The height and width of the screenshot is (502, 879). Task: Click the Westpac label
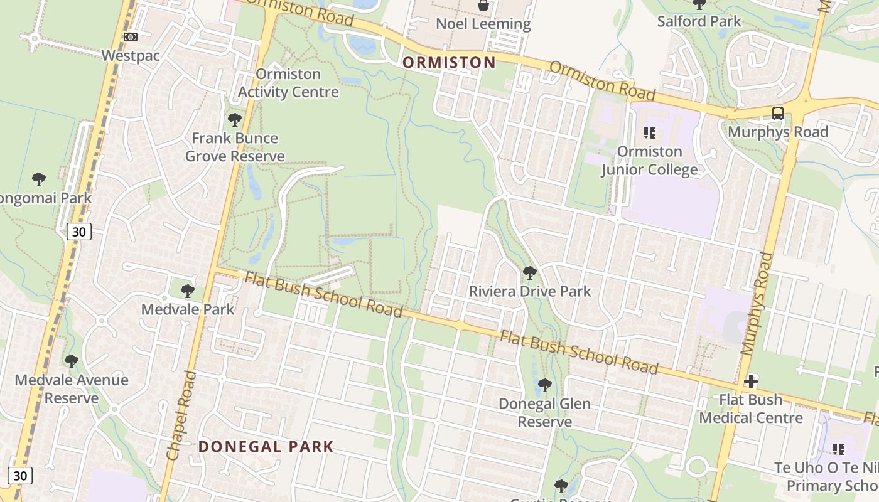point(131,55)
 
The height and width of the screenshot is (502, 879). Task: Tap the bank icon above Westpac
point(131,37)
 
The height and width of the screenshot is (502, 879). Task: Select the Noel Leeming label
point(483,24)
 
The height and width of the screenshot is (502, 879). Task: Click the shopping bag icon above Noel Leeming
point(483,6)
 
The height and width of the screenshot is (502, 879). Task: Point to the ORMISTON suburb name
point(449,62)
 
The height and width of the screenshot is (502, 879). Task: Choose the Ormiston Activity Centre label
point(288,83)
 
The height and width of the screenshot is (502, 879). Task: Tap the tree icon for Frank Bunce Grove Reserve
point(235,119)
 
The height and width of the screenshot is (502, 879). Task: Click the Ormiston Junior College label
point(649,161)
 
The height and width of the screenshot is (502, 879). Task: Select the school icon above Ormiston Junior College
point(649,133)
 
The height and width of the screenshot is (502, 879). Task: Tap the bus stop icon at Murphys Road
point(778,114)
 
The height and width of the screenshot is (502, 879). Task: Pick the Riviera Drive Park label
point(530,291)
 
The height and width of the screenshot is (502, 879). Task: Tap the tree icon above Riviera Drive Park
point(530,272)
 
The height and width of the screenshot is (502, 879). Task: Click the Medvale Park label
point(187,309)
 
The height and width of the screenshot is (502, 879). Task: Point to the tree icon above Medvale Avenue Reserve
point(72,361)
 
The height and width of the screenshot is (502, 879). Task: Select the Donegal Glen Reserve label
point(544,412)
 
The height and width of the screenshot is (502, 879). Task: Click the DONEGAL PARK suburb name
point(266,447)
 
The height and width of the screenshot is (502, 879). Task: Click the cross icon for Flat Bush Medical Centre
point(751,382)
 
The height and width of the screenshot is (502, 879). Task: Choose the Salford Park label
point(699,21)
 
